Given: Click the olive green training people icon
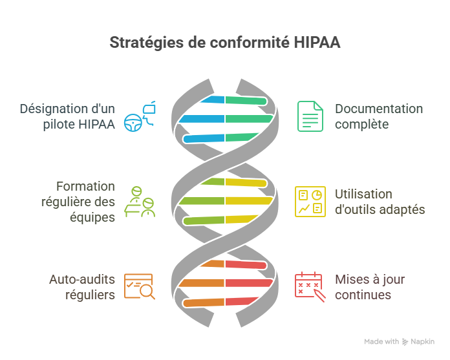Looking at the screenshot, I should point(140,201).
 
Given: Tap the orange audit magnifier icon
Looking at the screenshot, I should point(140,287).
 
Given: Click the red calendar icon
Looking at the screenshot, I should point(309,286).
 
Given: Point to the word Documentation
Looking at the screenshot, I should point(379,109).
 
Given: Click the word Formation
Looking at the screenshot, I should point(86,186).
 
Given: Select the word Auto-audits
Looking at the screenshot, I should point(82,280).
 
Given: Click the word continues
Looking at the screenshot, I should point(363,295).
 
